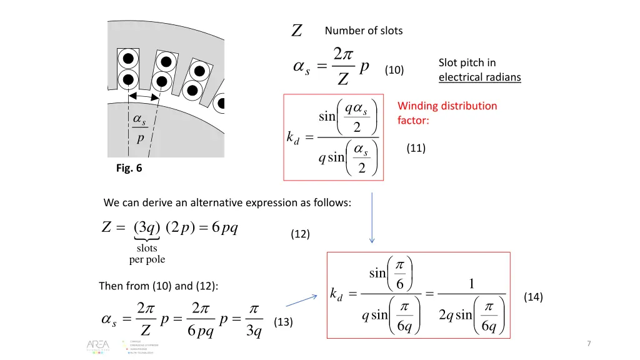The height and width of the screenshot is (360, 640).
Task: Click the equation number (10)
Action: click(x=394, y=70)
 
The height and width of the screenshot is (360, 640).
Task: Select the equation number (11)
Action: click(x=416, y=148)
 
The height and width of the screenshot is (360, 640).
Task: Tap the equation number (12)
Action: click(x=300, y=234)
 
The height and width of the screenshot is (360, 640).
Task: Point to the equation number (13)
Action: click(x=283, y=322)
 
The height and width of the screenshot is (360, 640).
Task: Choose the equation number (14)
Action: click(x=533, y=297)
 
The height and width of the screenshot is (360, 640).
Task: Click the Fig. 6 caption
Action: click(x=129, y=167)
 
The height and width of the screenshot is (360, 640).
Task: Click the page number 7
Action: click(x=589, y=344)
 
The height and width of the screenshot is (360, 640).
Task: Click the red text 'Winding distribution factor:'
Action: click(x=447, y=112)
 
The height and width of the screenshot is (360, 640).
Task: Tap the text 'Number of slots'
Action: click(x=364, y=31)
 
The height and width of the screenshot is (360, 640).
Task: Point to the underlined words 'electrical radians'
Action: click(x=479, y=77)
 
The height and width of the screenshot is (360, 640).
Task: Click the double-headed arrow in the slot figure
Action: click(x=142, y=97)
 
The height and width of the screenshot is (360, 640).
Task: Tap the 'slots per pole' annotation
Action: click(x=147, y=254)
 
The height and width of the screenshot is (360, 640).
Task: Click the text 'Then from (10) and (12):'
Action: click(x=158, y=286)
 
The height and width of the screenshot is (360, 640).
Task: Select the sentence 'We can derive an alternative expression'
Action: click(x=227, y=202)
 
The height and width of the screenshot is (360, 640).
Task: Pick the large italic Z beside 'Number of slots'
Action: click(x=297, y=31)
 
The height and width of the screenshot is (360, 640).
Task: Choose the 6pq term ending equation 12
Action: click(x=224, y=227)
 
